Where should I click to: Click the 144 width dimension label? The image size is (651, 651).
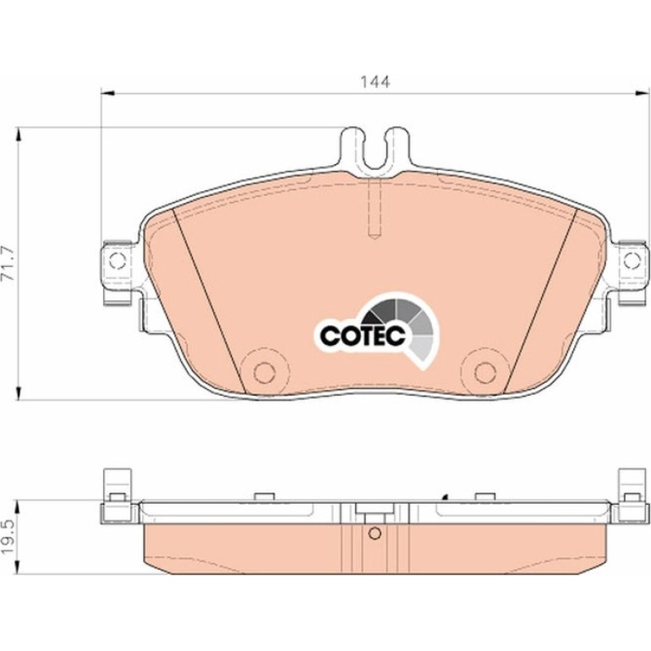click(375, 82)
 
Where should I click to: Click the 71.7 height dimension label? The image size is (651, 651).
click(8, 263)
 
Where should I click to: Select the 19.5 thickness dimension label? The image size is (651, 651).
click(8, 536)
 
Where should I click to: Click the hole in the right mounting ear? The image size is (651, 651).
click(632, 260)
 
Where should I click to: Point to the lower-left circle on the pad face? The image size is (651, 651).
click(264, 372)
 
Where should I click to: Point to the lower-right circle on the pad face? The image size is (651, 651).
click(485, 372)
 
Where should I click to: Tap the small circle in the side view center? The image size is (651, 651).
click(375, 533)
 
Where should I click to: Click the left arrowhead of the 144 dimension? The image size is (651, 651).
click(107, 93)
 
